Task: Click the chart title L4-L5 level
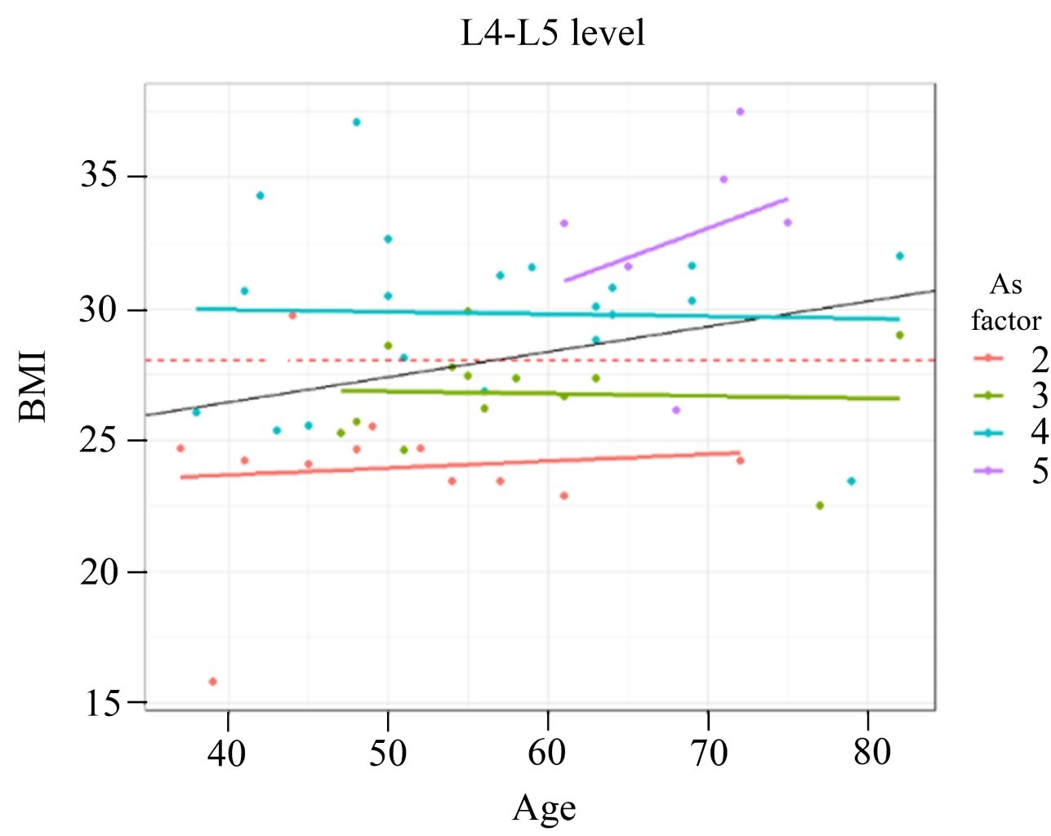coord(553,33)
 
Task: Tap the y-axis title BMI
coord(33,385)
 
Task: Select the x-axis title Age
coord(544,808)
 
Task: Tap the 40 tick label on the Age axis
coord(228,753)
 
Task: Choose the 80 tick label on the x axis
coord(872,753)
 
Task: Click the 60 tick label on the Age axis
coord(547,753)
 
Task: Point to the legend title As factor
coord(1006,302)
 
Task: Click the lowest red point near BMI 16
coord(213,682)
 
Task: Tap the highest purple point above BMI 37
coord(740,112)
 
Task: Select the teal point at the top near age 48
coord(356,122)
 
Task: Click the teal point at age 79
coord(852,482)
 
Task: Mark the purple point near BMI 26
coord(676,410)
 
